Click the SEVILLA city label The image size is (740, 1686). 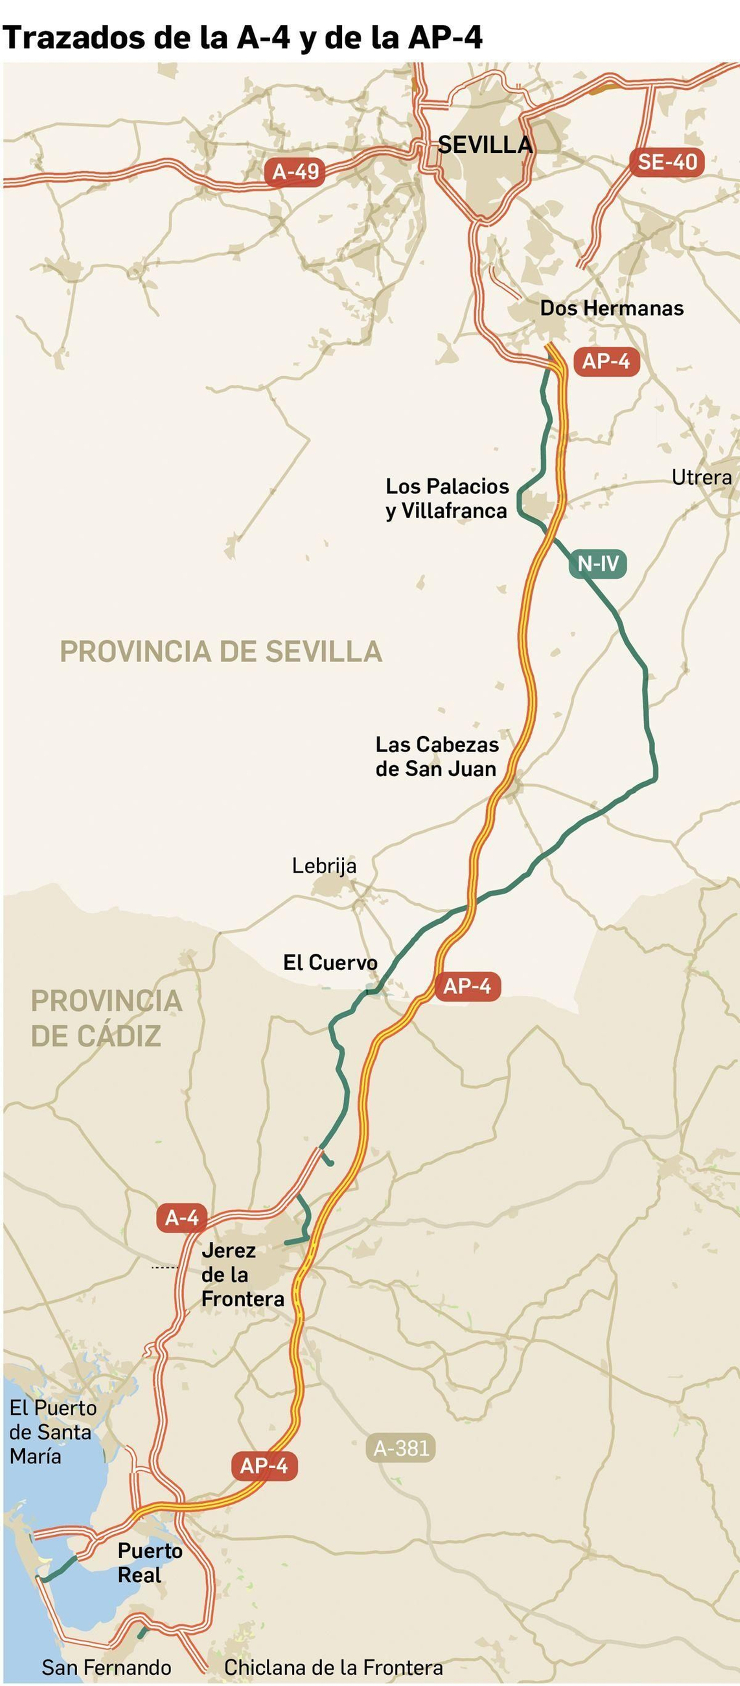click(485, 145)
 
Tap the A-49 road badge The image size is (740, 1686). click(295, 172)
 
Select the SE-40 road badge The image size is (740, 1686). click(667, 162)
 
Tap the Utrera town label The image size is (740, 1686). click(702, 478)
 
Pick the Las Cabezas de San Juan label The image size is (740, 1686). click(437, 757)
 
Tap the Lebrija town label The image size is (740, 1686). click(324, 866)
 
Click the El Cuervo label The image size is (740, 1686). click(330, 963)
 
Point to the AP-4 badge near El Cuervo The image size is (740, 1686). click(467, 986)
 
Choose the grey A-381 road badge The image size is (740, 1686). click(401, 1448)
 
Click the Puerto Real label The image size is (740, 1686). click(150, 1563)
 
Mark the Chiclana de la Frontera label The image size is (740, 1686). click(333, 1667)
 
